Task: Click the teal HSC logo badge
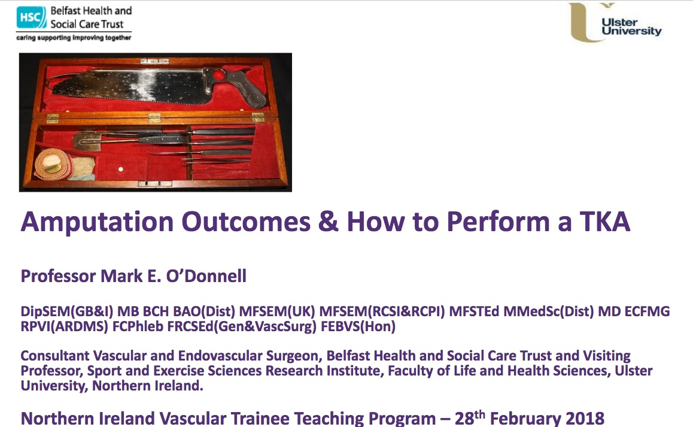(x=31, y=17)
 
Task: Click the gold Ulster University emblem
(x=586, y=23)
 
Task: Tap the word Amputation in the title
(x=97, y=222)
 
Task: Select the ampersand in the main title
(x=327, y=222)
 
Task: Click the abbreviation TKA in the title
(x=604, y=221)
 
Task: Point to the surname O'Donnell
(x=206, y=276)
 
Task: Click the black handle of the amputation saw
(x=242, y=87)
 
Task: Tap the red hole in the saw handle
(x=218, y=76)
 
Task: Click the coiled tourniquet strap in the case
(x=52, y=163)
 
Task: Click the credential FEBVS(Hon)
(x=358, y=327)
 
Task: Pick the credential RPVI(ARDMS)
(x=64, y=327)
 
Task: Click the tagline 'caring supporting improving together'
(x=74, y=38)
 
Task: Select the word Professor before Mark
(x=58, y=276)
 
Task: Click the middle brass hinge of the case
(x=154, y=118)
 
